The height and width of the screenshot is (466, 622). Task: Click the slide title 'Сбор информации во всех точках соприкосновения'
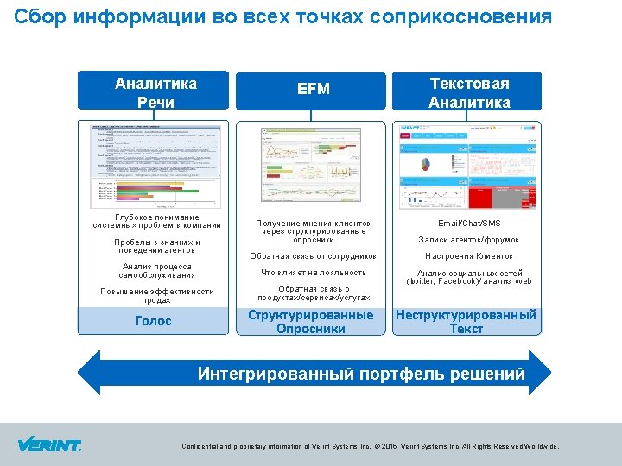pyautogui.click(x=283, y=16)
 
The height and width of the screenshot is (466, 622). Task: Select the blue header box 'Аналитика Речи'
pyautogui.click(x=155, y=92)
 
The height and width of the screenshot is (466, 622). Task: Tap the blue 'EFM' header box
pyautogui.click(x=314, y=89)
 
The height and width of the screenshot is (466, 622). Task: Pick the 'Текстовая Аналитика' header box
pyautogui.click(x=470, y=92)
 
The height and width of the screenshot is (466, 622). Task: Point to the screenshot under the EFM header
pyautogui.click(x=314, y=164)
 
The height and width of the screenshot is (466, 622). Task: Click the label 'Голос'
pyautogui.click(x=154, y=321)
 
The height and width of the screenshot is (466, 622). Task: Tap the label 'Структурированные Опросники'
pyautogui.click(x=311, y=321)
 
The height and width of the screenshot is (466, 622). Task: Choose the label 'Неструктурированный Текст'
pyautogui.click(x=466, y=321)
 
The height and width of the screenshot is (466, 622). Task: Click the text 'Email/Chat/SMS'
pyautogui.click(x=469, y=223)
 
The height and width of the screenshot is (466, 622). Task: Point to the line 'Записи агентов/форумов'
pyautogui.click(x=469, y=240)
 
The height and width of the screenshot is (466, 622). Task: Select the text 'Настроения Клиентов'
pyautogui.click(x=469, y=256)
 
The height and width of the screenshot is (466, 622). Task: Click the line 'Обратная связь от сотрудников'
pyautogui.click(x=314, y=256)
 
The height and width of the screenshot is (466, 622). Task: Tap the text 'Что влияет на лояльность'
pyautogui.click(x=314, y=273)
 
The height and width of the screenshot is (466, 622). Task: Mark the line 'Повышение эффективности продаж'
pyautogui.click(x=156, y=296)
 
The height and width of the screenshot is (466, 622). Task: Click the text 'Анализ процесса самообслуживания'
pyautogui.click(x=156, y=271)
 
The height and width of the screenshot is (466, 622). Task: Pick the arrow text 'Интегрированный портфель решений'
pyautogui.click(x=361, y=375)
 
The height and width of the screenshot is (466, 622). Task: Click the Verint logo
pyautogui.click(x=49, y=445)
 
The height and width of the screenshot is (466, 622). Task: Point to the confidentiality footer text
pyautogui.click(x=370, y=447)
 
